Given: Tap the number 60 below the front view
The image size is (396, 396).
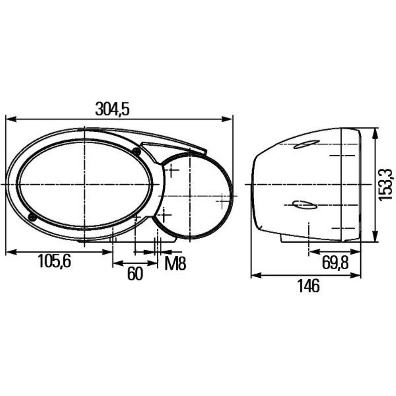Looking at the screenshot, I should pyautogui.click(x=135, y=274).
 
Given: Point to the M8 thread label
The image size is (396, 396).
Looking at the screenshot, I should pyautogui.click(x=175, y=263).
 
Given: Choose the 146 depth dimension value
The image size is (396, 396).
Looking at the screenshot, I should pyautogui.click(x=308, y=286).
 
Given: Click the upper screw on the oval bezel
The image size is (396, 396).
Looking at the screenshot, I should pyautogui.click(x=136, y=151).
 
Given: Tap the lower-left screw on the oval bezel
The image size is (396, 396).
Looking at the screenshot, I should pyautogui.click(x=32, y=216).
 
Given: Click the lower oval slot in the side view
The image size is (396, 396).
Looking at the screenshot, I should pyautogui.click(x=304, y=205).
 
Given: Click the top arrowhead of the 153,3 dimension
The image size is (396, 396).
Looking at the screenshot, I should pyautogui.click(x=375, y=132).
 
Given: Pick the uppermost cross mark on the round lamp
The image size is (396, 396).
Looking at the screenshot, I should pyautogui.click(x=171, y=171).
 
